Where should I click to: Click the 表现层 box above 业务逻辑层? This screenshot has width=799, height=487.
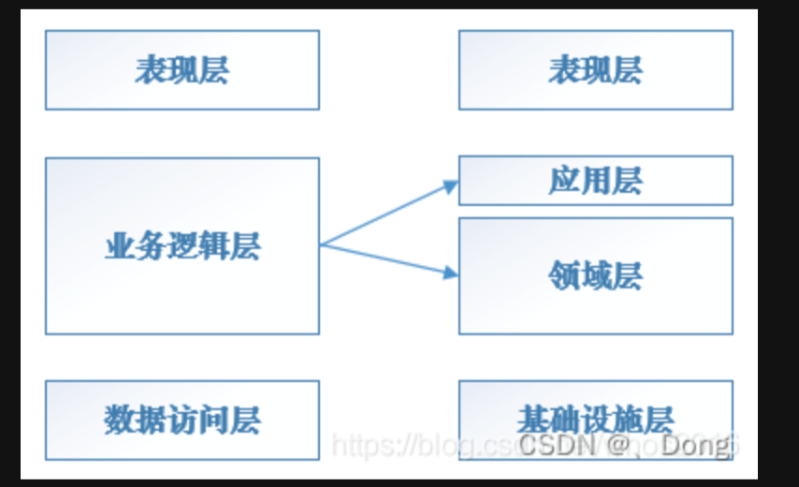click(182, 70)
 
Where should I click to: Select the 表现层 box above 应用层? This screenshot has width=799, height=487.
click(595, 70)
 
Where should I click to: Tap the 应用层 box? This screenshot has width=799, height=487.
click(595, 180)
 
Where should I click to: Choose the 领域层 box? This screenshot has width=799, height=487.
click(595, 276)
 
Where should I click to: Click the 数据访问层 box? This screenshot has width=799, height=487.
click(182, 420)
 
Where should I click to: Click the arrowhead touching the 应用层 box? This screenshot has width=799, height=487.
click(451, 187)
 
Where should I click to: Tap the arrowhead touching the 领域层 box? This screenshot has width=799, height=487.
click(451, 273)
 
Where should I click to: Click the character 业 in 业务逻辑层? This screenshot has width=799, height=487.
click(117, 246)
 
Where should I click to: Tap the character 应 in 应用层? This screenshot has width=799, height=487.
click(563, 180)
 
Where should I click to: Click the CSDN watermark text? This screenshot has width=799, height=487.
click(553, 445)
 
